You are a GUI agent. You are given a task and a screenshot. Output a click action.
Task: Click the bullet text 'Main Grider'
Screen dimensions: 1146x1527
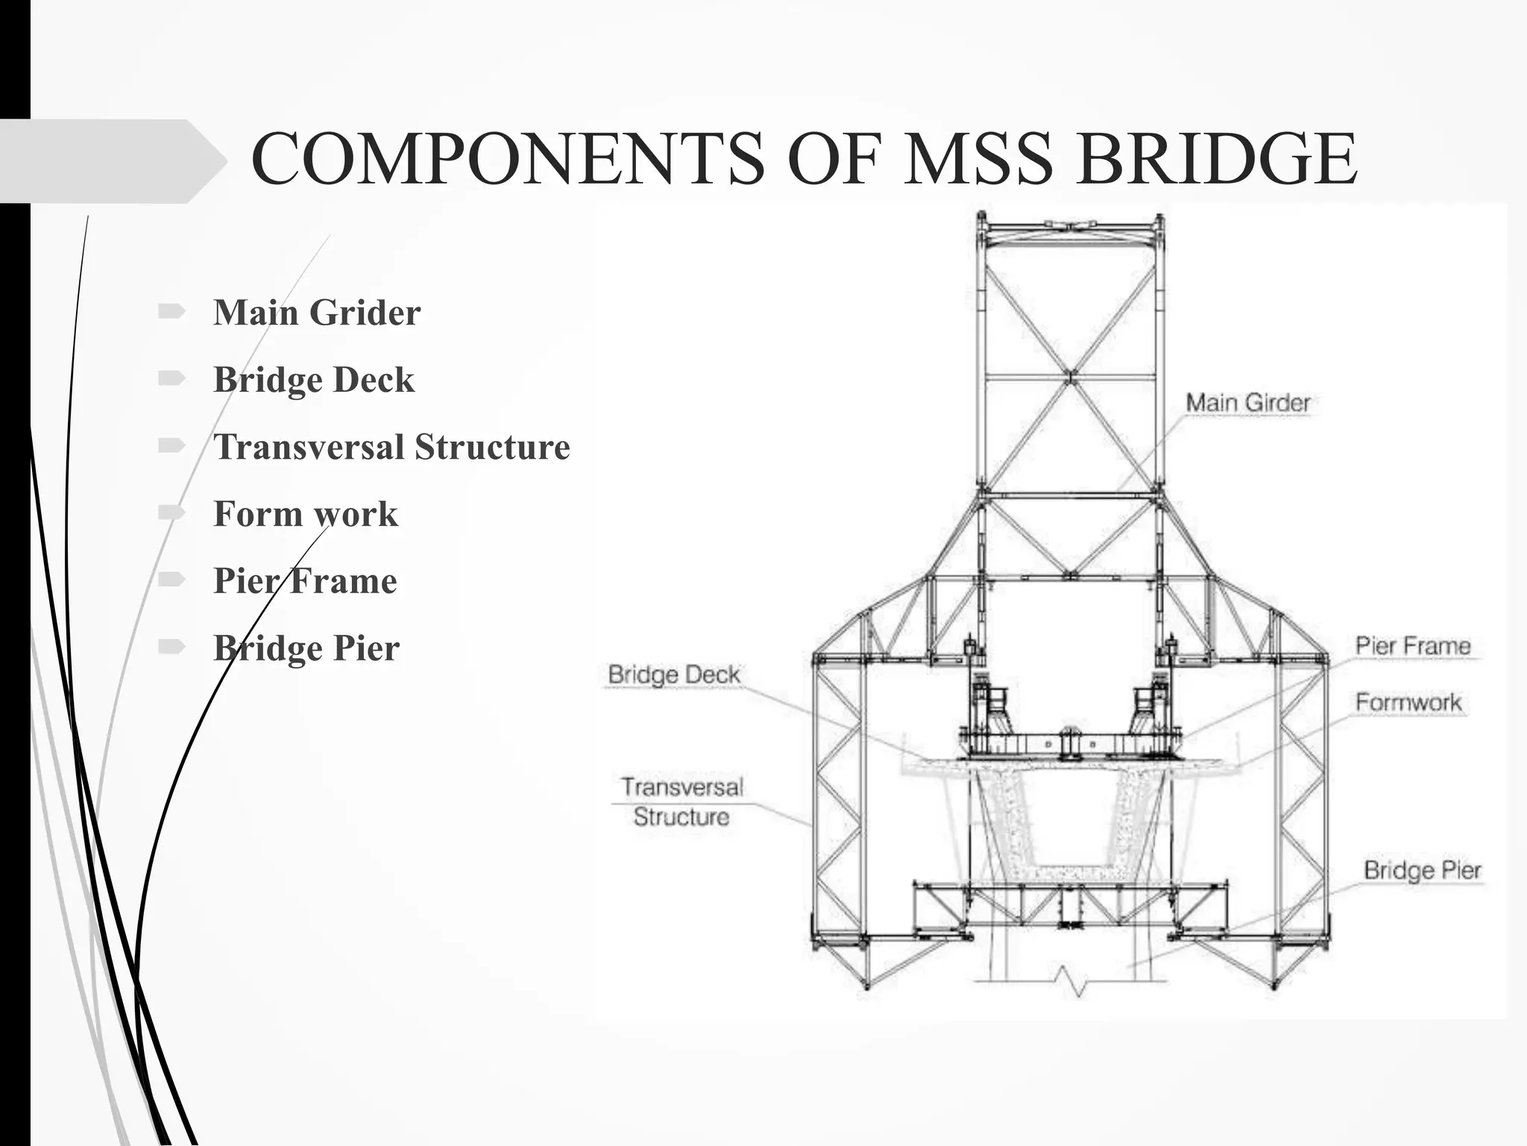(317, 313)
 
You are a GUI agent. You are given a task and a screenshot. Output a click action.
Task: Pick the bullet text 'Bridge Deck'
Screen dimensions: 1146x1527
(314, 380)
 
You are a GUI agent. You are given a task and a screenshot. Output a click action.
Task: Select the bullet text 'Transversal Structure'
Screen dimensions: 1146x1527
(391, 447)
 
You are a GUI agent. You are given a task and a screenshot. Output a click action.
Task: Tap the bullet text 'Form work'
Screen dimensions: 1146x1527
(306, 514)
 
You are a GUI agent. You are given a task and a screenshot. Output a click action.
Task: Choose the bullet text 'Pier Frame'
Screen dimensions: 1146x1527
(305, 581)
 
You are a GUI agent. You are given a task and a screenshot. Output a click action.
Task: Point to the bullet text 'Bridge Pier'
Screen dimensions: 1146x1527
(306, 648)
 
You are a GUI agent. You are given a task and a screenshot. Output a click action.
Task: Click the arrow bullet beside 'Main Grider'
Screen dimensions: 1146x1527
(171, 311)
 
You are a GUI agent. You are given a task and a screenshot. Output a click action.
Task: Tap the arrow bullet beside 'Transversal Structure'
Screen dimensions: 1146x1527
(171, 445)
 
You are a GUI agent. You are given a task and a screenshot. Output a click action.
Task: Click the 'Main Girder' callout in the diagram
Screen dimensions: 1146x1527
(1247, 403)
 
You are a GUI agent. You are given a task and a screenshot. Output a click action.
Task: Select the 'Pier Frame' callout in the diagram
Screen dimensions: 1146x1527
(1412, 646)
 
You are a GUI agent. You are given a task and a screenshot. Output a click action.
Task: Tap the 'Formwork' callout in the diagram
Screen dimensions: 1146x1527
(1408, 702)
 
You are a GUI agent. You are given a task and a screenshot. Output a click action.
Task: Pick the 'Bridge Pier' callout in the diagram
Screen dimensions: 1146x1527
(1422, 870)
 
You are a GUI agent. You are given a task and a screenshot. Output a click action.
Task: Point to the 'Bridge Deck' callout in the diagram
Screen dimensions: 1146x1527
(674, 674)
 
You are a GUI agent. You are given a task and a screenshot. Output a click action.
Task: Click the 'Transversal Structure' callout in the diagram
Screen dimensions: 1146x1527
(681, 802)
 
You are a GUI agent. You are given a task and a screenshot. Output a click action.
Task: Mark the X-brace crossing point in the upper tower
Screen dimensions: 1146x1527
(1071, 375)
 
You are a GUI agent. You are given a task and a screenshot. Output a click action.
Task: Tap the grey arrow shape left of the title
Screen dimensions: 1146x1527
(112, 161)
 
